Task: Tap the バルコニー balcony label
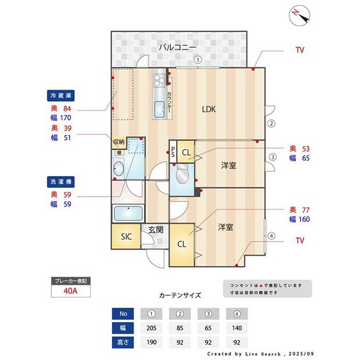point(178,47)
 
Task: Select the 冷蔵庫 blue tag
point(62,95)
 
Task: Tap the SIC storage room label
point(127,236)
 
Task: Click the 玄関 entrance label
point(156,229)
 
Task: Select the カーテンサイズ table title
point(180,296)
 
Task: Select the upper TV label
point(300,50)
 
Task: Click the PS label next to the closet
point(173,155)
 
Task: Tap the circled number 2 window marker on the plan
point(271,123)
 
